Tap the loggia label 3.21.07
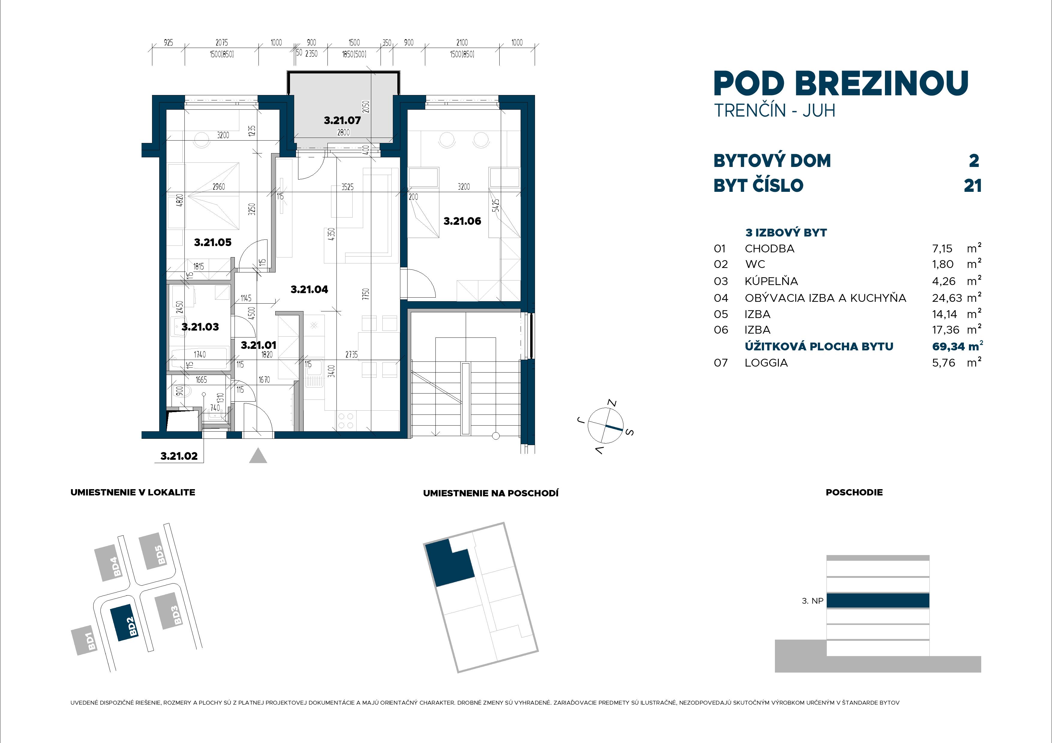point(342,120)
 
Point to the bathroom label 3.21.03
point(200,327)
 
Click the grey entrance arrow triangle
point(258,456)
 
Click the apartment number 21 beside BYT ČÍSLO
point(972,186)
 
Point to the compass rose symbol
point(605,426)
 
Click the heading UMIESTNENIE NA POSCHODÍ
point(490,493)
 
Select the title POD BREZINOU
point(841,84)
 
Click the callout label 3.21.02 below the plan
point(179,456)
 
